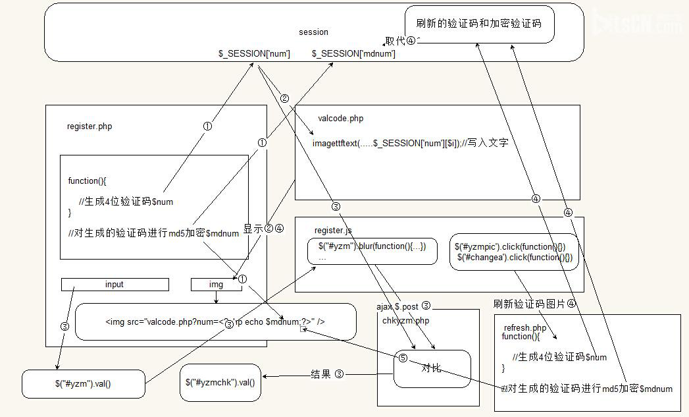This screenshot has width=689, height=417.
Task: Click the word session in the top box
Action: pyautogui.click(x=313, y=32)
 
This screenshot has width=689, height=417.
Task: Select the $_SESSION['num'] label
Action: pyautogui.click(x=254, y=53)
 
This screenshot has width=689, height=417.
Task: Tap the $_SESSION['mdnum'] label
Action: pyautogui.click(x=353, y=53)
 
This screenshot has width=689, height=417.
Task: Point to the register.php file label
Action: pyautogui.click(x=89, y=126)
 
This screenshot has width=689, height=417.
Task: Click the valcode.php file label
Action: pyautogui.click(x=340, y=119)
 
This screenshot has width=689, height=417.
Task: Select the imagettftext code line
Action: pyautogui.click(x=410, y=143)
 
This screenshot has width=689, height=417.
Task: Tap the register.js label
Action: pyautogui.click(x=333, y=231)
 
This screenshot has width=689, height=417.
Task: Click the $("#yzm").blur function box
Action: pyautogui.click(x=372, y=251)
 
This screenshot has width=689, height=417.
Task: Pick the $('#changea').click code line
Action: pyautogui.click(x=515, y=257)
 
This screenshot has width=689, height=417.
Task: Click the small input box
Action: pyautogui.click(x=115, y=285)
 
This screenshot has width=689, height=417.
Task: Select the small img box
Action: pyautogui.click(x=216, y=285)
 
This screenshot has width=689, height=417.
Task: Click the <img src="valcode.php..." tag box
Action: pyautogui.click(x=215, y=322)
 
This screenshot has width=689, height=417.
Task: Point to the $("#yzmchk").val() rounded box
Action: pyautogui.click(x=220, y=382)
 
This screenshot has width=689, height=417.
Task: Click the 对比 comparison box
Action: pyautogui.click(x=432, y=368)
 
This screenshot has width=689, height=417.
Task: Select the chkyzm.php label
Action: pyautogui.click(x=405, y=320)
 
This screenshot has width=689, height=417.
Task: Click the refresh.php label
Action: pyautogui.click(x=525, y=327)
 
